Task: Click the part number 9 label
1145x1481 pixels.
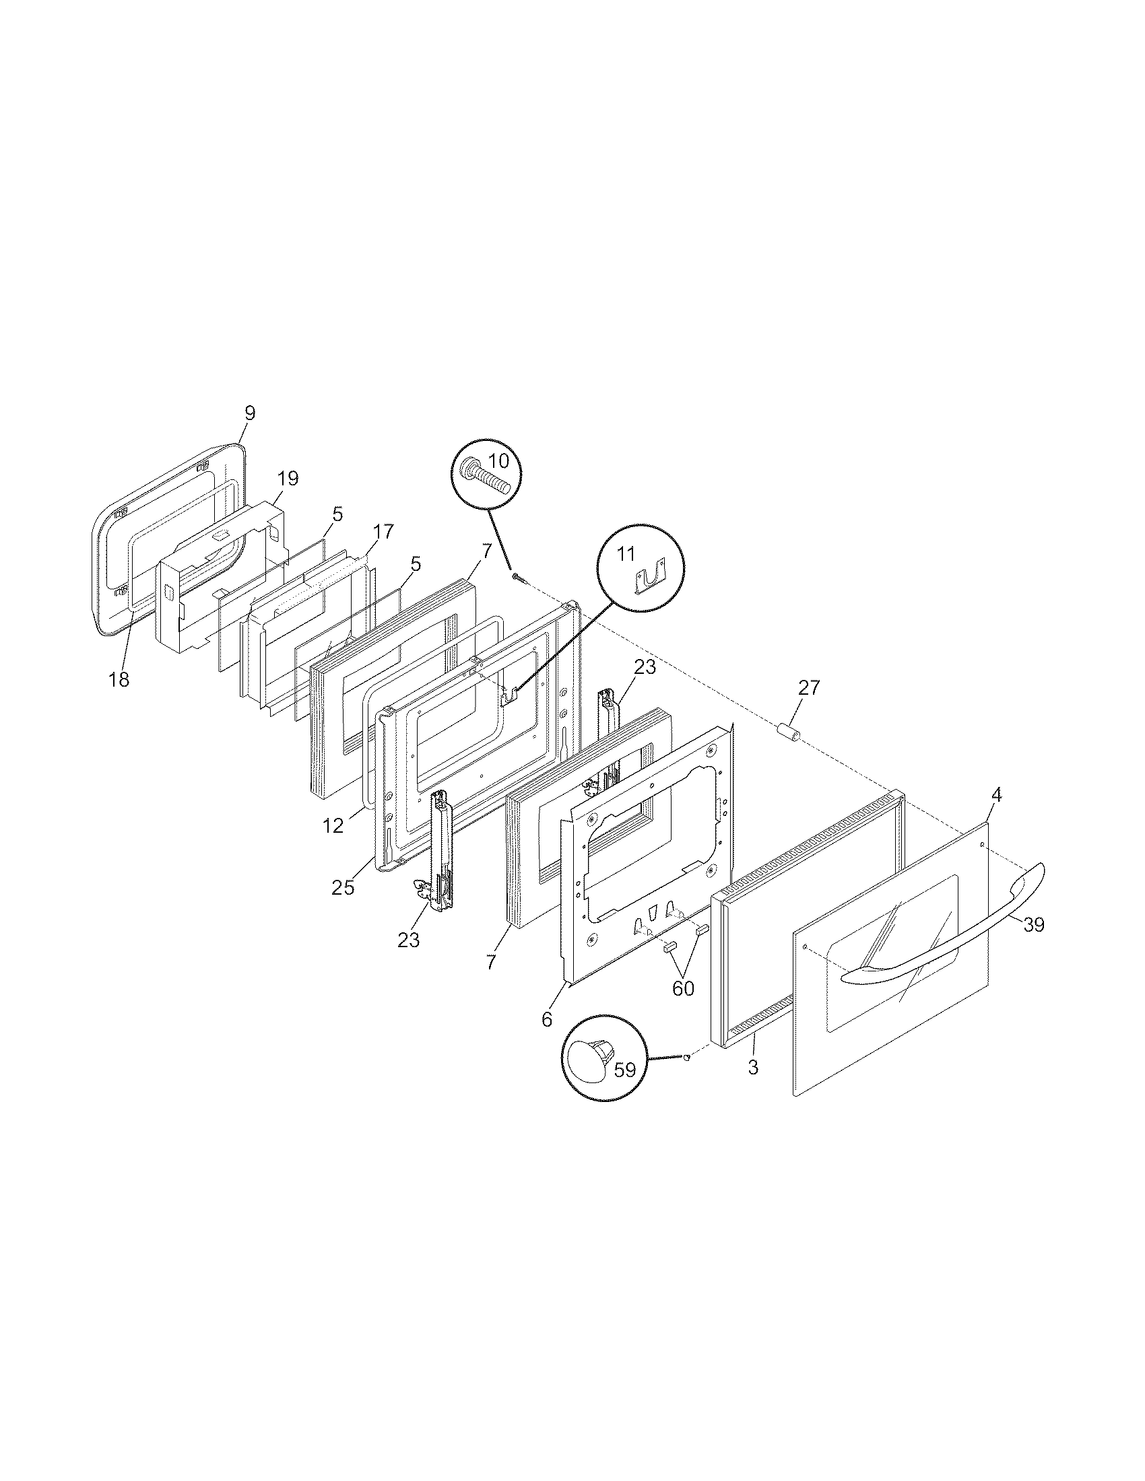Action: point(250,413)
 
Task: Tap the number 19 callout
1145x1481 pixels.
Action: point(288,479)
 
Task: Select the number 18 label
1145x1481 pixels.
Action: point(119,679)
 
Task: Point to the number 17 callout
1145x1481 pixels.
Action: point(383,532)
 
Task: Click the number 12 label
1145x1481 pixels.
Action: point(333,826)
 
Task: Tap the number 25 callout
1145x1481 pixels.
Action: point(343,887)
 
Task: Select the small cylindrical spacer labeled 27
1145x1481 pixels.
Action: point(789,732)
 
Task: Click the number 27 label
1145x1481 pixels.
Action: point(808,687)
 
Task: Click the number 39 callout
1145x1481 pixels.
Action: point(1033,924)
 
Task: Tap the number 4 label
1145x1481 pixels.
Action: point(995,794)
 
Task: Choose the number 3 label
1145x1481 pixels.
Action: point(753,1067)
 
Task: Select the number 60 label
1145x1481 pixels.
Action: point(683,989)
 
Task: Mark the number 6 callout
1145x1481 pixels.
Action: point(547,1019)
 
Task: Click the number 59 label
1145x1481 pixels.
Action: point(624,1070)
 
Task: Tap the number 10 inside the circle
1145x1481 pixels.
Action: point(498,460)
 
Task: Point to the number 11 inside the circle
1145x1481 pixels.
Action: point(626,554)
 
